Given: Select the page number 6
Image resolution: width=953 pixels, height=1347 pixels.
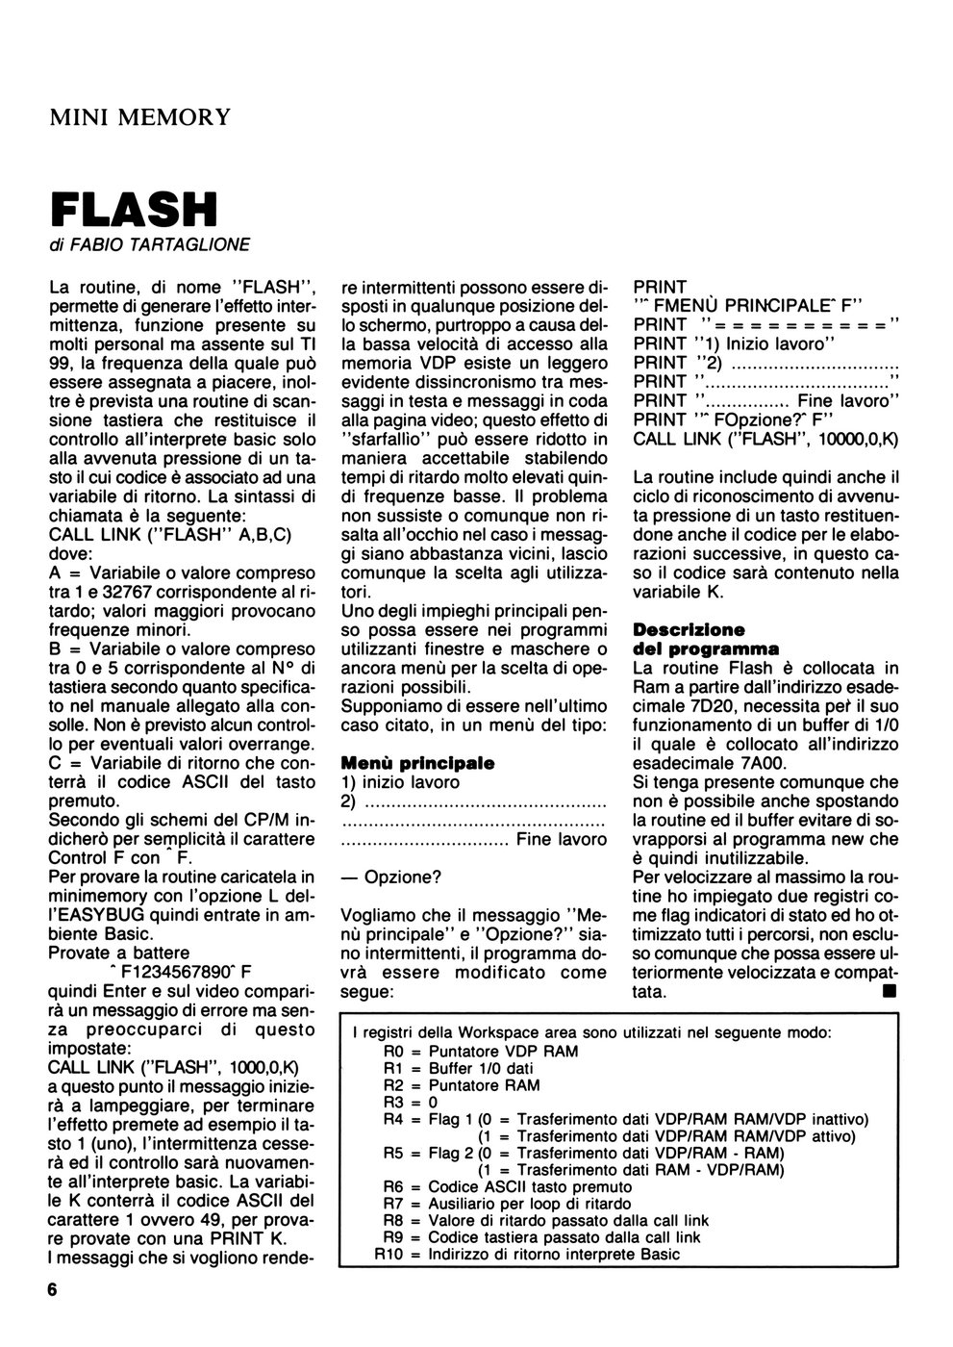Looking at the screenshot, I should click(52, 1291).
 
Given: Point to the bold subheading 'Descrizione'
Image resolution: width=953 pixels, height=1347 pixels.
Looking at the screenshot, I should click(689, 630).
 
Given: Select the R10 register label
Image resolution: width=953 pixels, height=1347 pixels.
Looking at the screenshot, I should click(389, 1254).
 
